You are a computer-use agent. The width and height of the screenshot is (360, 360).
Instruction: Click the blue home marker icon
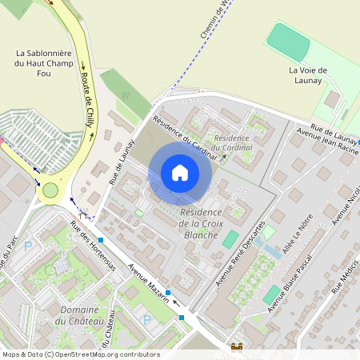click(x=180, y=172)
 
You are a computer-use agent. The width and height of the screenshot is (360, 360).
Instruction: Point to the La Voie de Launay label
click(x=306, y=75)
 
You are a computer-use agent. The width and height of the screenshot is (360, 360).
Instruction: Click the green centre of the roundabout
click(x=51, y=190)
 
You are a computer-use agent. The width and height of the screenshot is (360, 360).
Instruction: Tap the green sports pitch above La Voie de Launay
click(x=289, y=42)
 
